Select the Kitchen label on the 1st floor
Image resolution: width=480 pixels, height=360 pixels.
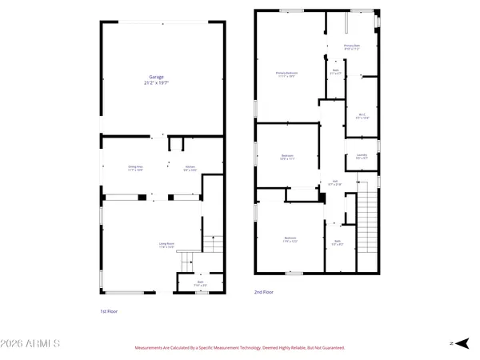click(190, 166)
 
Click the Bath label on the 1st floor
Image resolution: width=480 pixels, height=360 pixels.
click(200, 282)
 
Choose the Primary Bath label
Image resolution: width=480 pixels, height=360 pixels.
click(353, 46)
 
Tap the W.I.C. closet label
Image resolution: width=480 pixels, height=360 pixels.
click(362, 114)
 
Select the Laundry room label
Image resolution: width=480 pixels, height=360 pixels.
click(362, 154)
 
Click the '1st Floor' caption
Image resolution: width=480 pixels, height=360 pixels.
click(109, 311)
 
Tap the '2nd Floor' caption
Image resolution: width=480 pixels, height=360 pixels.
click(264, 293)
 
